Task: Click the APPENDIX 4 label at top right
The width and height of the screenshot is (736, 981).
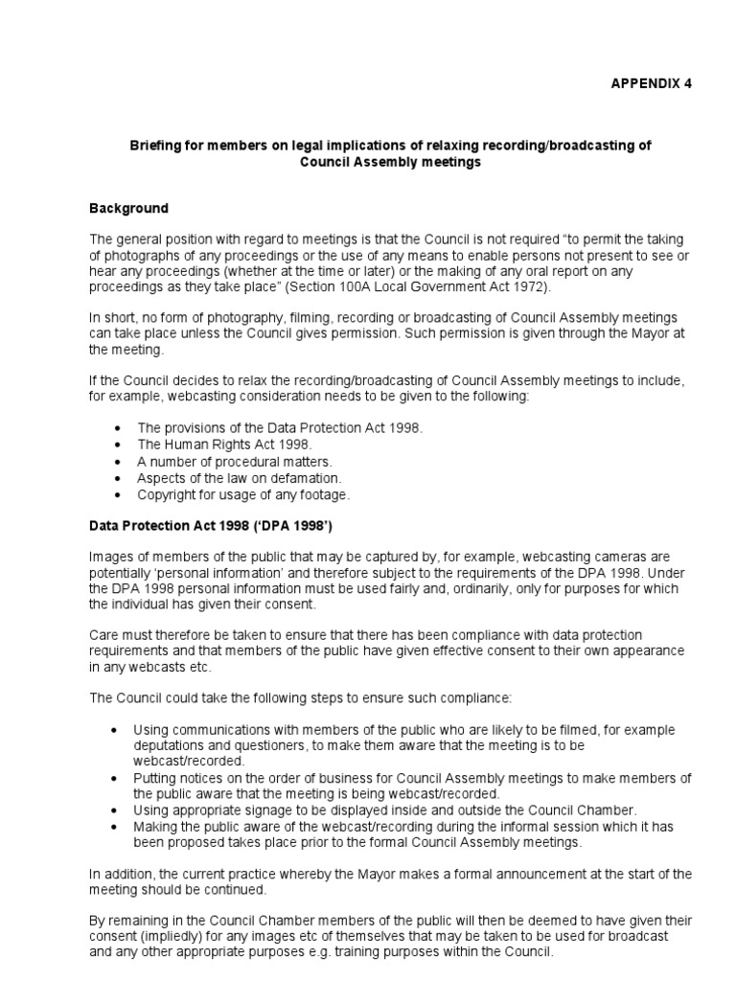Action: pyautogui.click(x=651, y=83)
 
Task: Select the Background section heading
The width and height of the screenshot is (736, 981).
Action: pyautogui.click(x=128, y=208)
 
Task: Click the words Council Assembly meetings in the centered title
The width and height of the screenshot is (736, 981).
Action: pyautogui.click(x=390, y=163)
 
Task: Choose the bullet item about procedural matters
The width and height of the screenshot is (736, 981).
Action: pyautogui.click(x=235, y=461)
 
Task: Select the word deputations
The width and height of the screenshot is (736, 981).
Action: pyautogui.click(x=174, y=744)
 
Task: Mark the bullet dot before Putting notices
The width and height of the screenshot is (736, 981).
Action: pyautogui.click(x=116, y=777)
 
